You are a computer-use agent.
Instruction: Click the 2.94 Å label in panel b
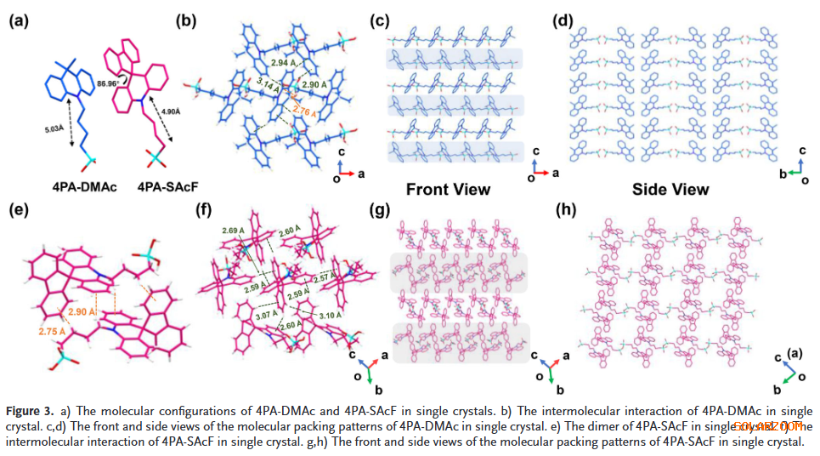point(283,62)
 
